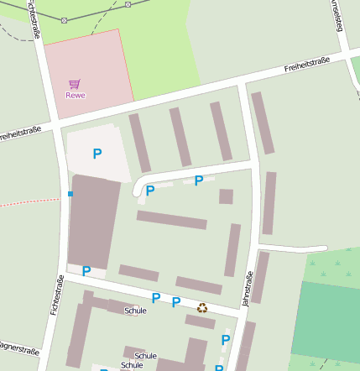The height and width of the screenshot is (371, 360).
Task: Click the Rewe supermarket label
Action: [76, 95]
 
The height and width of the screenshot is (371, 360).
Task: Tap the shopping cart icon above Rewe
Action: [75, 84]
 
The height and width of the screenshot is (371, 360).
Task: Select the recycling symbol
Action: [202, 308]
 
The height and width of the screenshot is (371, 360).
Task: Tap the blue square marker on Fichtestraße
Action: [70, 194]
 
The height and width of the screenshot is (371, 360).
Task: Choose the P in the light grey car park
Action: [97, 154]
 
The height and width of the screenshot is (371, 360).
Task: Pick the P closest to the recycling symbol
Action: [176, 302]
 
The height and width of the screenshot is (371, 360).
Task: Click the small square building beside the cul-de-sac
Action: [226, 196]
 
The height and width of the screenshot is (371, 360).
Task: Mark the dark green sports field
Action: [326, 321]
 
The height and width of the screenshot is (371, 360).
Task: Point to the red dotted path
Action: [29, 202]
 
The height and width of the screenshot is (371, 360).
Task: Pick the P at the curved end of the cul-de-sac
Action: [150, 191]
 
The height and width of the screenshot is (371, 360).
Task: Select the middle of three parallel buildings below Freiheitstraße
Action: [180, 137]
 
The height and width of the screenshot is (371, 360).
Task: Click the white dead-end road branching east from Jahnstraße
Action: [294, 248]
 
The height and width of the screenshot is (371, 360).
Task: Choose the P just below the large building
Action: [86, 270]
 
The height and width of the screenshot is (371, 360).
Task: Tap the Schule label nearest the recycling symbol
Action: [135, 311]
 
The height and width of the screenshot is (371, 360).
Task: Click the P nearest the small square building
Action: [199, 180]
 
